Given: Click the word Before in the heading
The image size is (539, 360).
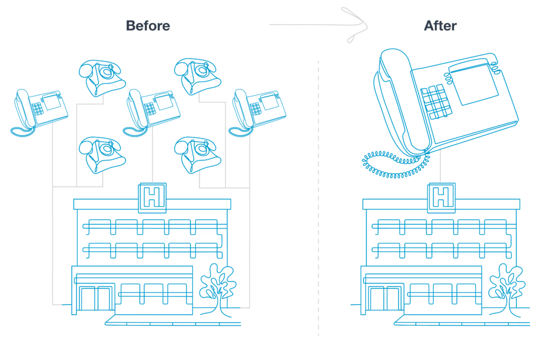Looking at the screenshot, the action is click(148, 26).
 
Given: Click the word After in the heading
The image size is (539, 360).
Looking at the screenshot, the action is click(441, 26).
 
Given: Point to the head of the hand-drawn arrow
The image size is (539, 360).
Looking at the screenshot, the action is click(364, 25).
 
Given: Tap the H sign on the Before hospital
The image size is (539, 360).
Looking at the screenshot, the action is click(152, 198).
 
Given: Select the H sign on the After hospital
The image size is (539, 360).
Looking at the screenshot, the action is click(442, 198).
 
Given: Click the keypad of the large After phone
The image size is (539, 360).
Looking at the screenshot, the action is click(435, 102).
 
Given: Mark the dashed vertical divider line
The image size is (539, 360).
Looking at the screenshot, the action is click(318, 198).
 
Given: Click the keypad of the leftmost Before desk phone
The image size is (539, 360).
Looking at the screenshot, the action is click(37, 108).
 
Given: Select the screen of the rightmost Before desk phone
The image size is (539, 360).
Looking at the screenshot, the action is click(269, 102).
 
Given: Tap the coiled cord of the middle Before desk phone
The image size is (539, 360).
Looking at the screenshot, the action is click(135, 132).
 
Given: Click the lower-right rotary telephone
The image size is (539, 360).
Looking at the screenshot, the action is click(197, 155).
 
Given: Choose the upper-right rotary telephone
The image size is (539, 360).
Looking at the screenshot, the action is click(197, 76).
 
